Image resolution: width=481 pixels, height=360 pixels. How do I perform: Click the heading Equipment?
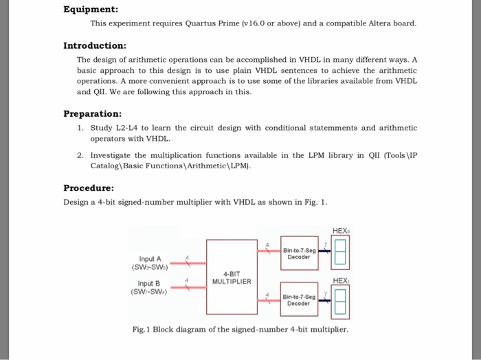click(x=91, y=10)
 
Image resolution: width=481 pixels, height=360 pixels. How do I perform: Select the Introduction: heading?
click(x=95, y=45)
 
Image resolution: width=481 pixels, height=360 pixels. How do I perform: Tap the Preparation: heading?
click(x=93, y=113)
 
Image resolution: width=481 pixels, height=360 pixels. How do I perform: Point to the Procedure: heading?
click(x=89, y=188)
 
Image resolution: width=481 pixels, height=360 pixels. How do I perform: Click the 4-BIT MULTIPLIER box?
click(x=232, y=276)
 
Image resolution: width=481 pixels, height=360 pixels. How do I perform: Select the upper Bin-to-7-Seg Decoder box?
click(x=299, y=254)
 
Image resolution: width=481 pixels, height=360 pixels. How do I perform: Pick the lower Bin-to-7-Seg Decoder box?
click(x=299, y=299)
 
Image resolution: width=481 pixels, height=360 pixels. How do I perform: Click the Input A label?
click(x=150, y=259)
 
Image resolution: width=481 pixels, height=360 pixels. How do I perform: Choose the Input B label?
click(x=148, y=282)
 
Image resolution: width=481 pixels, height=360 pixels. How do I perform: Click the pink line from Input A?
click(x=188, y=263)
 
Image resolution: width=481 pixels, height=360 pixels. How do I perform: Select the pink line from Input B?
click(x=188, y=286)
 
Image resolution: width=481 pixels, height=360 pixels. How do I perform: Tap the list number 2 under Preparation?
click(x=80, y=155)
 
